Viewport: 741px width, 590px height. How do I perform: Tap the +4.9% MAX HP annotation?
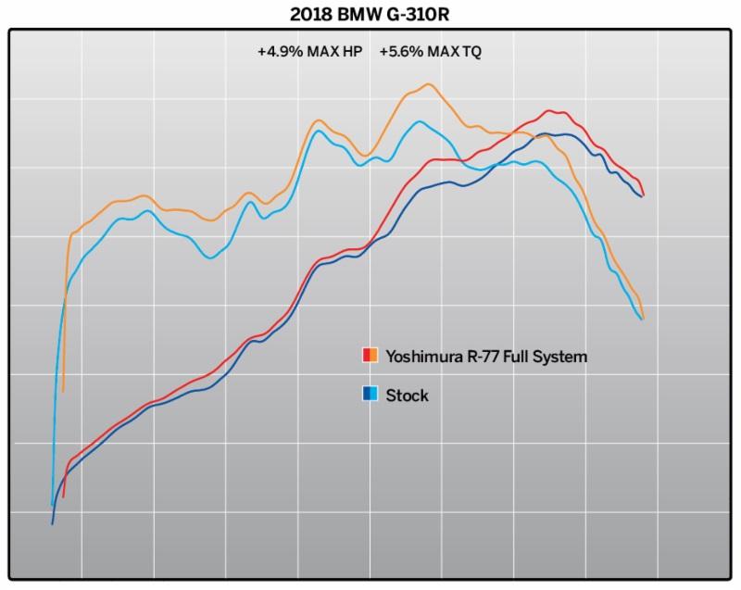(x=309, y=52)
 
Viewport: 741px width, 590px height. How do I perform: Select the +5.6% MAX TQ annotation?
(x=431, y=52)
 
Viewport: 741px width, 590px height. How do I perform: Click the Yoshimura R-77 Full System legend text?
(x=486, y=356)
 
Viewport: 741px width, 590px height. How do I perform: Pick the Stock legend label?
(x=407, y=395)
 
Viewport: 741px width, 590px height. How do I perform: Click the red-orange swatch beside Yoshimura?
(x=369, y=356)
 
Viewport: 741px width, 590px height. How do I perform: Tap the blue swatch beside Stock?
(x=369, y=395)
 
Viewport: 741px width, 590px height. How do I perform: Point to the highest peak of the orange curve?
(x=427, y=84)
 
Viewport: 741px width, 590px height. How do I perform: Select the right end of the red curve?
(x=643, y=195)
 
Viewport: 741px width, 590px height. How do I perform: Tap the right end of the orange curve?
(x=642, y=319)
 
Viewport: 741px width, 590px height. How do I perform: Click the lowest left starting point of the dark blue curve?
(x=53, y=523)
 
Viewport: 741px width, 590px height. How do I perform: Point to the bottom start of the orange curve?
(x=63, y=392)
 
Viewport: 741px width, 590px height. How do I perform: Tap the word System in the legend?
(x=559, y=356)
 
